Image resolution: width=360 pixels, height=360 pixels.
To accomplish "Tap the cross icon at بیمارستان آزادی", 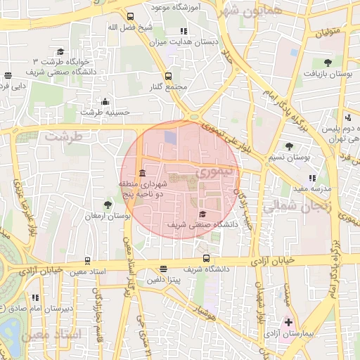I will (288, 322).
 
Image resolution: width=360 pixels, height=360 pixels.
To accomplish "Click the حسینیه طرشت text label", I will (101, 112).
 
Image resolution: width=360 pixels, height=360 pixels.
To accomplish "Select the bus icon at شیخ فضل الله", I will (129, 17).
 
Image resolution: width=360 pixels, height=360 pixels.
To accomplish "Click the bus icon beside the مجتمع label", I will (167, 76).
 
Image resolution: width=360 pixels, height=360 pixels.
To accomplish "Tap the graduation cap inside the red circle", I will (203, 214).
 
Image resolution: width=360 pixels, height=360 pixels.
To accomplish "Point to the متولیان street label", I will (327, 32).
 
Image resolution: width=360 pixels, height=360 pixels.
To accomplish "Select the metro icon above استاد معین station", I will (87, 261).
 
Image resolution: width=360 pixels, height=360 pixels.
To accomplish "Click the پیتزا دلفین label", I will (163, 279).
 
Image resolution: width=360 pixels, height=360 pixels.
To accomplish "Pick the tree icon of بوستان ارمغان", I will (107, 205).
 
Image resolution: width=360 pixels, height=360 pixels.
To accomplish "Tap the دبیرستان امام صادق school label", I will (32, 309).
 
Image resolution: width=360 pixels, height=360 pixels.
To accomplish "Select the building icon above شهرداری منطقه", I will (143, 173).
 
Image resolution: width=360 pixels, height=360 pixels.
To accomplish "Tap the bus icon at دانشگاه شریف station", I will (205, 257).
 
